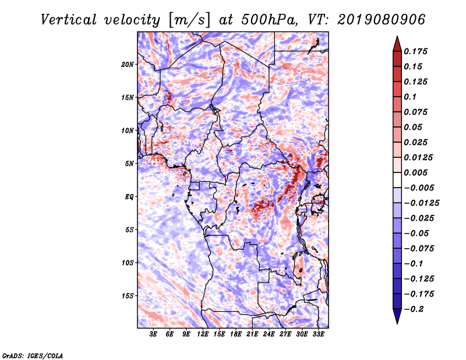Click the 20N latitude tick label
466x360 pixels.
128,64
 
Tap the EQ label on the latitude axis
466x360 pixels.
129,196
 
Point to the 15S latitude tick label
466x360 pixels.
128,296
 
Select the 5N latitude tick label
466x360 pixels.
129,164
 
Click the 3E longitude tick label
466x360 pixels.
153,334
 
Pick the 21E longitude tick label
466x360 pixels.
252,334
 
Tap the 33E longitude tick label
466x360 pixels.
318,334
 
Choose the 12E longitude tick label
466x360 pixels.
202,334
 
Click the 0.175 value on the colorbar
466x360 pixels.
415,51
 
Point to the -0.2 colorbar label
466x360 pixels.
414,309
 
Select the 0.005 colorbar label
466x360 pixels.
415,172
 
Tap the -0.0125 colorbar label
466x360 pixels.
421,203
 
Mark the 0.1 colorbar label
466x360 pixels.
410,97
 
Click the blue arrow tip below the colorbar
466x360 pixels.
397,323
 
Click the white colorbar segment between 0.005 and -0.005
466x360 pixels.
397,180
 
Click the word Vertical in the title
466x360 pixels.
68,20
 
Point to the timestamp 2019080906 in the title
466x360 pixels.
382,20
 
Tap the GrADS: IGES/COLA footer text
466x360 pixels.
33,356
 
